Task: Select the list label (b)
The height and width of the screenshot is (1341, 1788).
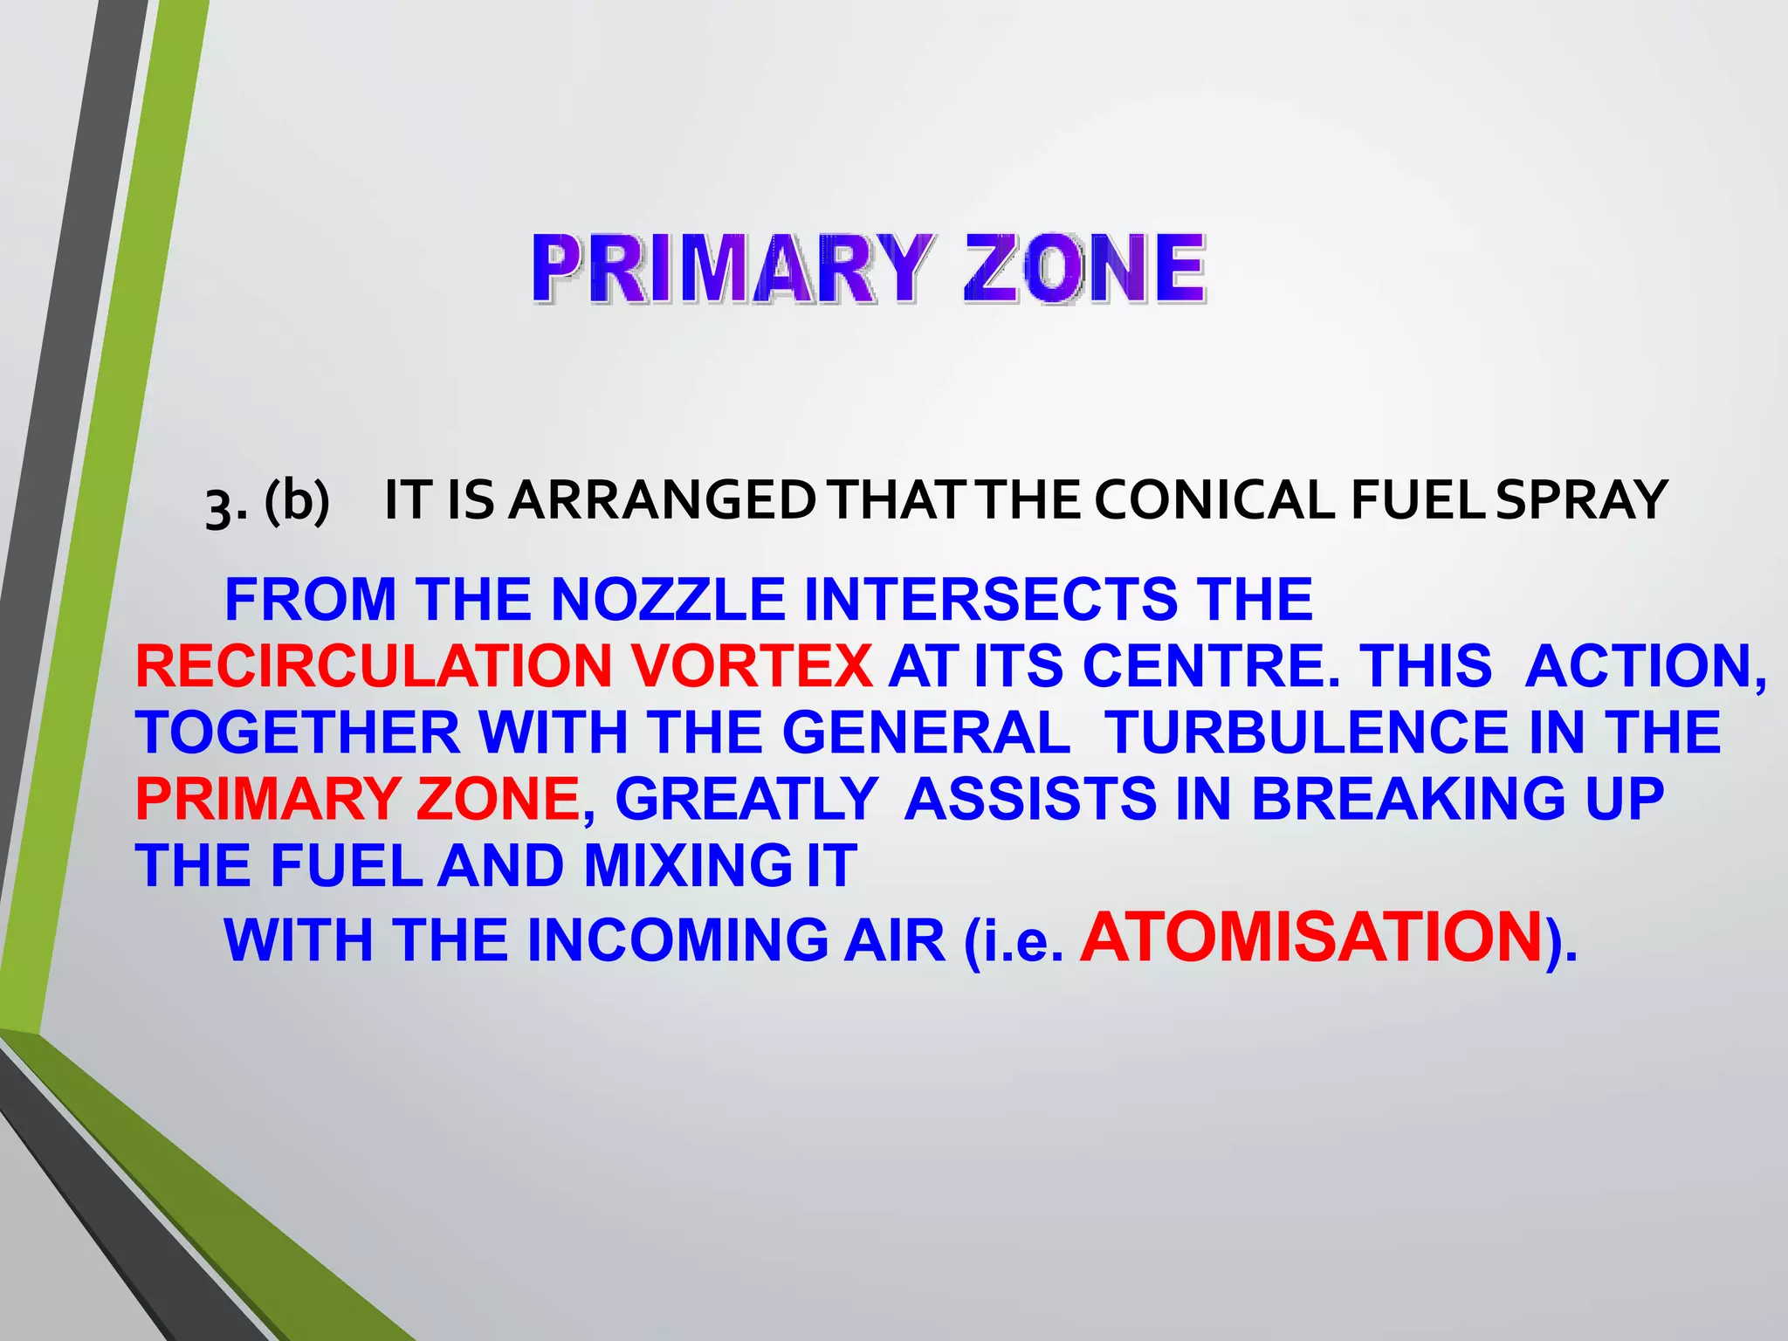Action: coord(297,501)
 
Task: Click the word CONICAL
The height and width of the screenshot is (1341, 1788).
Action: coord(1214,501)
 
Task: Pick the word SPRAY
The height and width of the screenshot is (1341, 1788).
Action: coord(1581,501)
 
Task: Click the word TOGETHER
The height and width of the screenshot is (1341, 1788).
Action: coord(298,732)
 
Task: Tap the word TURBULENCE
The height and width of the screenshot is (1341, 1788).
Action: coord(1306,732)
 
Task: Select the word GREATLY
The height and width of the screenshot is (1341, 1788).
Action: coord(746,799)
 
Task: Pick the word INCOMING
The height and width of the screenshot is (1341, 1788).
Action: coord(677,941)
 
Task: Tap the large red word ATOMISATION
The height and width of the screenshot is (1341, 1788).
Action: coord(1310,937)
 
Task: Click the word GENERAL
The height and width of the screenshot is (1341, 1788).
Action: coord(926,732)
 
